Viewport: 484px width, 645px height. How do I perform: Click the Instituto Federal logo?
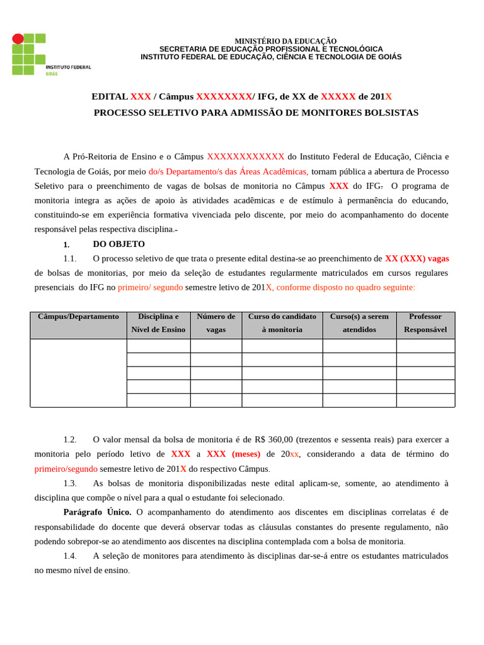pos(50,55)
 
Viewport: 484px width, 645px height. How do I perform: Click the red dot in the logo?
pos(18,39)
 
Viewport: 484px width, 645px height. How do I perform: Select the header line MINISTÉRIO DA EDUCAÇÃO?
pos(285,41)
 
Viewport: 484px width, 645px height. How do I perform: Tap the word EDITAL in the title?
pos(110,96)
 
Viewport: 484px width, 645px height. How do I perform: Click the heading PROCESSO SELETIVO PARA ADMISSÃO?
pos(256,113)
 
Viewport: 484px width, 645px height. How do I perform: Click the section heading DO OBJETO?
pos(118,244)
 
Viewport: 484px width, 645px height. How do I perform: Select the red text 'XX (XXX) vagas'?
pos(417,258)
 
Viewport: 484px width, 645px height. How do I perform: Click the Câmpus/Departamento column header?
pos(78,317)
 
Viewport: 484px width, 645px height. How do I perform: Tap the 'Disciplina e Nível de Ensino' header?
pos(158,323)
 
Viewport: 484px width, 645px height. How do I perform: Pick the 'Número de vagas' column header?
pos(216,323)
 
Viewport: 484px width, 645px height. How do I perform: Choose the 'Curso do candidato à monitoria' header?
pos(282,323)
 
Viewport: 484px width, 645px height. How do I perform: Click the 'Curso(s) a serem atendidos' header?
pos(359,323)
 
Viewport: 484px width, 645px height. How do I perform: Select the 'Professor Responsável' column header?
pos(425,323)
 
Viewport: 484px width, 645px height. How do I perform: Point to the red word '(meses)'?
pos(246,454)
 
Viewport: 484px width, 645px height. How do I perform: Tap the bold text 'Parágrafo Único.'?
pos(97,512)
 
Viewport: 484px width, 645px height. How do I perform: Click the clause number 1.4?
pos(70,556)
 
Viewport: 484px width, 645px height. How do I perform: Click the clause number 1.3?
pos(70,483)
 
